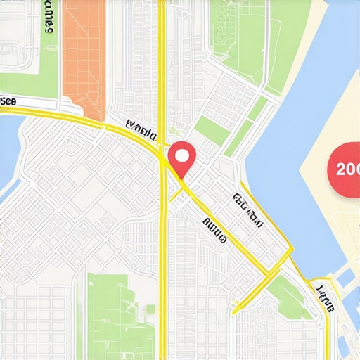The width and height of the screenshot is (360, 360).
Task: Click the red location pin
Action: pos(182,158)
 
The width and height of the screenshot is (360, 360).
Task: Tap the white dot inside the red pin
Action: pos(182,153)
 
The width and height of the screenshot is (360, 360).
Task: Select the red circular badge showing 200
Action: pos(346,169)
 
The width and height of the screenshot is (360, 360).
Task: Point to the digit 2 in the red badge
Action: pos(341,169)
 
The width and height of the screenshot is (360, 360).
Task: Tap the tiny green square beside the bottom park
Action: pos(150,309)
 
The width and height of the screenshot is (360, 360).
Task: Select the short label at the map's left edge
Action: pos(7,101)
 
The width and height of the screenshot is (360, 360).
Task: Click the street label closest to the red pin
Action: pos(141,129)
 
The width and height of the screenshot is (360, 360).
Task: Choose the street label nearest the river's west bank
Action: pos(247,209)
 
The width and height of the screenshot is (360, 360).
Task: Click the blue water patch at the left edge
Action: pos(8,155)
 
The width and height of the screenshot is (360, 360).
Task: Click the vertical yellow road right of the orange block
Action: pos(162,56)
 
